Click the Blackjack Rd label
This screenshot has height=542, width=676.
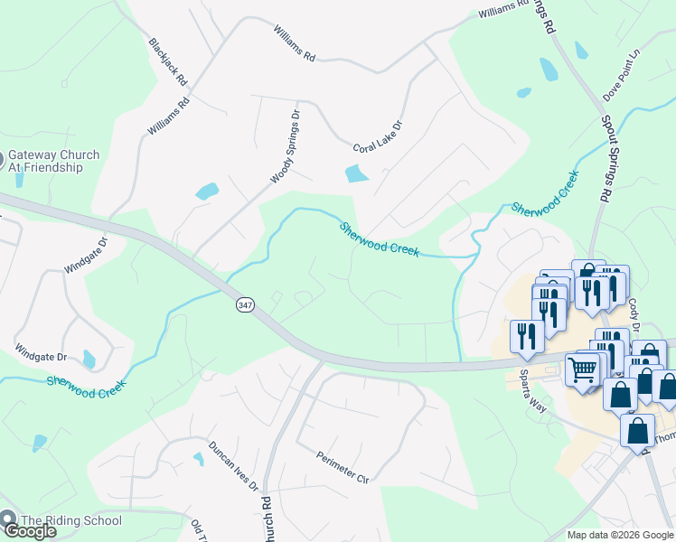point(168,61)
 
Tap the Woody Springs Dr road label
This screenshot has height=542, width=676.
point(285,147)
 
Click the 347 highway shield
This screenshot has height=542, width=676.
point(246,305)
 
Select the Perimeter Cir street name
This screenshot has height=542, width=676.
point(344,465)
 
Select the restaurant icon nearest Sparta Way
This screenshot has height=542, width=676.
point(526,336)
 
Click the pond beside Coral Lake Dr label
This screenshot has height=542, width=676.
point(357,173)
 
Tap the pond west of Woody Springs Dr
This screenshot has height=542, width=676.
point(207,192)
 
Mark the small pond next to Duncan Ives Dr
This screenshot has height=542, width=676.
point(198,459)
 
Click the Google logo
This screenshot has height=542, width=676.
point(29,531)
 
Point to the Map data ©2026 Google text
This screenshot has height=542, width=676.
point(619,535)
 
